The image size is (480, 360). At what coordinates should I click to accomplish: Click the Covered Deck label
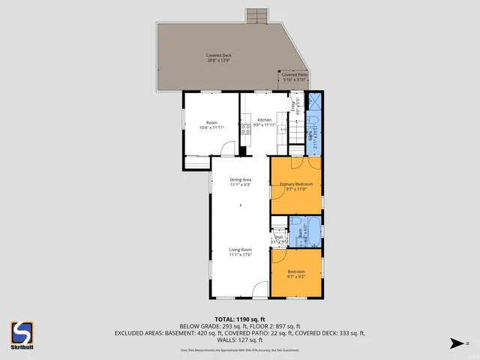coord(218,55)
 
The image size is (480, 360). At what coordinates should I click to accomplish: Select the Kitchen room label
coord(265,120)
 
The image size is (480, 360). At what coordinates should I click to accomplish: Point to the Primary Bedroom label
coord(296,184)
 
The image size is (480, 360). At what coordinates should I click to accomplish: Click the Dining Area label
coord(240,180)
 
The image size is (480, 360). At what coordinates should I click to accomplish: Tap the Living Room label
coord(240,250)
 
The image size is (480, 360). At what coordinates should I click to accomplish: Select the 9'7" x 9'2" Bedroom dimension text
coord(296,277)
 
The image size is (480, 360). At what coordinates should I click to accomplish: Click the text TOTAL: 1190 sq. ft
coord(240,319)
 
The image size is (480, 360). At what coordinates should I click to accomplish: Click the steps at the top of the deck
coord(257,16)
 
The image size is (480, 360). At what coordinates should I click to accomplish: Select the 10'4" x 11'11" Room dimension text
coord(211,127)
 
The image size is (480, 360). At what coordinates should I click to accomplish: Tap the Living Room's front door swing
coord(259,290)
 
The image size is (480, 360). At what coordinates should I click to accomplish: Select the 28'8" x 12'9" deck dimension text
coord(218,60)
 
